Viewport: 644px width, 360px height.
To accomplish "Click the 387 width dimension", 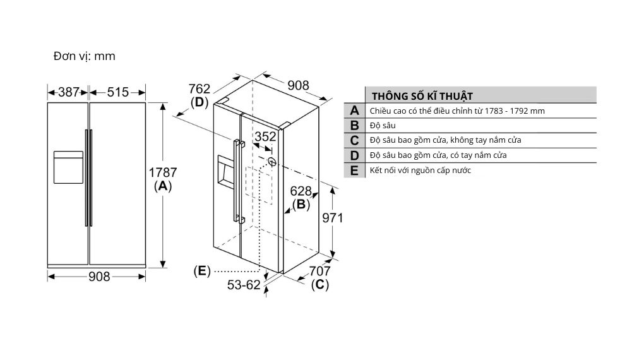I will pos(69,92).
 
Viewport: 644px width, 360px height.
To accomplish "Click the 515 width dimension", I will pos(117,92).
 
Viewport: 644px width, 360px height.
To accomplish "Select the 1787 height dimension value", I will pos(163,172).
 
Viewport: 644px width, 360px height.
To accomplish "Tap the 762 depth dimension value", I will pos(199,88).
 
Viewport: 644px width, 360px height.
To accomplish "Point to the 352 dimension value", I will pos(265,136).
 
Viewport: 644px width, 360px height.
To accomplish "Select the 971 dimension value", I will pos(332,218).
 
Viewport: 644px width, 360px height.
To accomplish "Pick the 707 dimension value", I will pos(319,271).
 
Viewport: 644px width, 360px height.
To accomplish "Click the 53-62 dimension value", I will pos(244,285).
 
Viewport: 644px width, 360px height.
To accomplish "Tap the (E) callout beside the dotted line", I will pos(201,271).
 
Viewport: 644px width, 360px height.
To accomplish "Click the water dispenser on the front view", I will pos(68,167).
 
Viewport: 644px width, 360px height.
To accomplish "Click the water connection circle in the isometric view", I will pos(273,161).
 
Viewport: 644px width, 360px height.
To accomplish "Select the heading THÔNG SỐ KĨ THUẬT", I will pos(422,96).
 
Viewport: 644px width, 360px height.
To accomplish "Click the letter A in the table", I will pos(354,111).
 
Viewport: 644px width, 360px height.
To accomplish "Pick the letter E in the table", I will pos(354,171).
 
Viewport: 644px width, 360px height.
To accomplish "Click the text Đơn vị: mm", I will pos(84,56).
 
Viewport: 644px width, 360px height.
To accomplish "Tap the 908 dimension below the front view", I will pos(99,276).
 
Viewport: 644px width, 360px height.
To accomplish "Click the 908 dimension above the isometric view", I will pos(298,85).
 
